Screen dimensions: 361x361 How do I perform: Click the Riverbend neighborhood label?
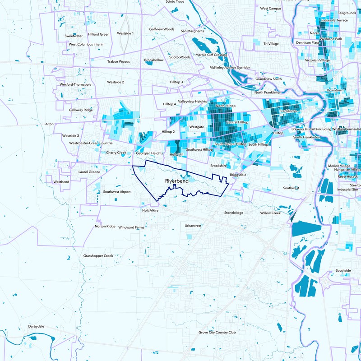[x=176, y=181]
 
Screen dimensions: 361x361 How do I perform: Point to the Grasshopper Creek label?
[x=98, y=256]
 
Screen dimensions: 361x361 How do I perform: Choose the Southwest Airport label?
[x=117, y=192]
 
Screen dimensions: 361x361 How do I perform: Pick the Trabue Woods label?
[x=118, y=61]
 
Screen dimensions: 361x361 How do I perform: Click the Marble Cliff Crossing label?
[x=211, y=55]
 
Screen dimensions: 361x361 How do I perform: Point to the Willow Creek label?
[x=270, y=213]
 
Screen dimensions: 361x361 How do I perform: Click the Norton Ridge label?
[x=105, y=226]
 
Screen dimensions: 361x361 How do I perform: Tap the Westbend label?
[x=62, y=181]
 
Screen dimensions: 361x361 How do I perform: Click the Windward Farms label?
[x=131, y=227]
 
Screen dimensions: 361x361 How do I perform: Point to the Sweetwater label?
[x=74, y=36]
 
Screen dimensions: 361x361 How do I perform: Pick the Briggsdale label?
[x=238, y=175]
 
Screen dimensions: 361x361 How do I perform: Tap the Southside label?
[x=343, y=270]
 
